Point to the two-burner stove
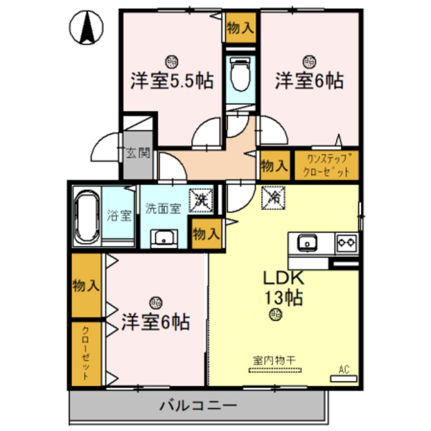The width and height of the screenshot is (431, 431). [x=346, y=241]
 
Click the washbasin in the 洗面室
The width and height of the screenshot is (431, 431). [x=164, y=237]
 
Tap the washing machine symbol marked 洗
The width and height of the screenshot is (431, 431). [x=202, y=199]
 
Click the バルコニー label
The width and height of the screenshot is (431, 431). [x=197, y=406]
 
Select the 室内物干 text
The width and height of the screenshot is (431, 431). [x=275, y=361]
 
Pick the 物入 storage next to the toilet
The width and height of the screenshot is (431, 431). [x=240, y=28]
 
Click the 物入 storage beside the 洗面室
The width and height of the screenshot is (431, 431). [x=205, y=234]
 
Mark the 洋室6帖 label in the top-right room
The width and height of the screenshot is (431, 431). [x=309, y=81]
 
